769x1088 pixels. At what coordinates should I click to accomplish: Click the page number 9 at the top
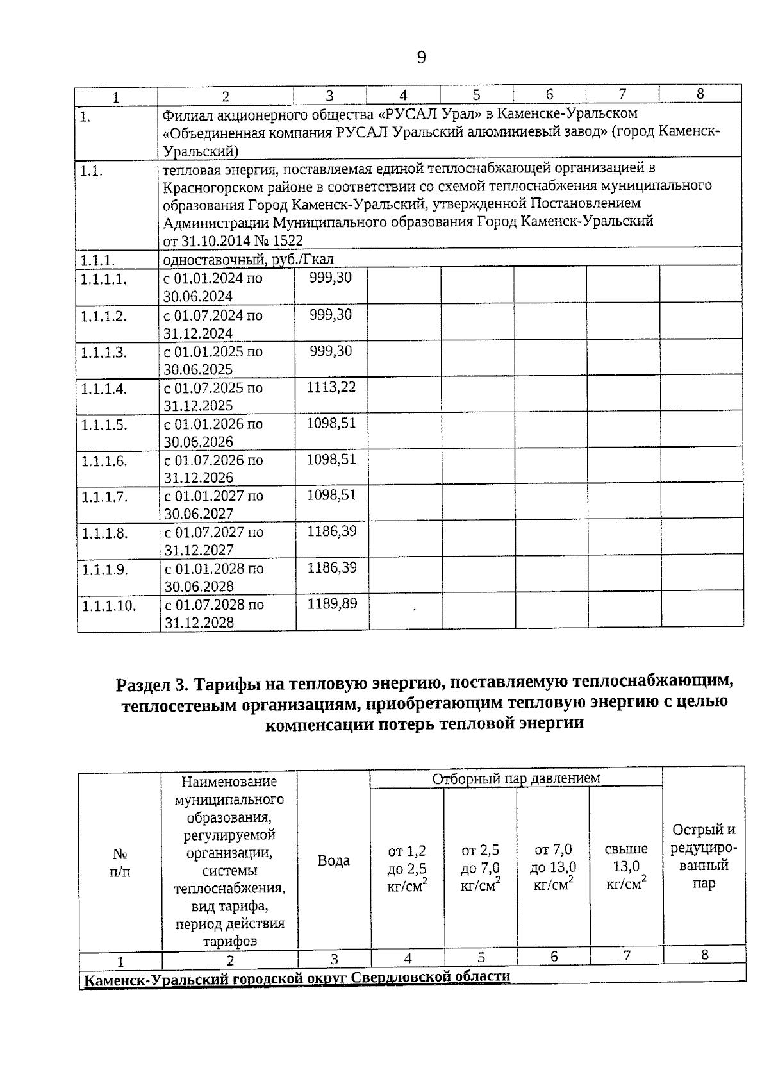(x=421, y=58)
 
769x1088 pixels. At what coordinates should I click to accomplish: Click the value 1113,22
(x=331, y=387)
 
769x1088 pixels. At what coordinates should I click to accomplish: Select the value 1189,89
(x=332, y=604)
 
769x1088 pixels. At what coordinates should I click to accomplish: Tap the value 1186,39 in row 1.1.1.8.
(x=331, y=531)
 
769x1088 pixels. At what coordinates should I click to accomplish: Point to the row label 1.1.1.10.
(x=108, y=606)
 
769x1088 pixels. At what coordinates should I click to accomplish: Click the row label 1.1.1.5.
(x=104, y=425)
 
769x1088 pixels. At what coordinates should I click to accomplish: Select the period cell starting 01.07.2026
(x=213, y=469)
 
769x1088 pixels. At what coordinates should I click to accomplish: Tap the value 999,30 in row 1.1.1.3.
(x=330, y=351)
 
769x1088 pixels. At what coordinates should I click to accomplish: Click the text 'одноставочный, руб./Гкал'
(x=248, y=259)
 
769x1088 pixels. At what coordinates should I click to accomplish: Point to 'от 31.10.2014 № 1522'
(x=233, y=240)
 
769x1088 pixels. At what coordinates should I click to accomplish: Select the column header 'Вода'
(x=333, y=860)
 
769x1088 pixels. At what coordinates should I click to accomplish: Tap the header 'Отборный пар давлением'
(x=516, y=778)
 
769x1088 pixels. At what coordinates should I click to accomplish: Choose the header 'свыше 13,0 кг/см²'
(x=625, y=866)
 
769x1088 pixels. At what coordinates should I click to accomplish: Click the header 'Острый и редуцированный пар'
(x=704, y=857)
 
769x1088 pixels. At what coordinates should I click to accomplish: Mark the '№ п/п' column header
(x=120, y=863)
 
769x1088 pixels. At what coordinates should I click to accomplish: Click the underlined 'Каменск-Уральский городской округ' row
(x=297, y=977)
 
